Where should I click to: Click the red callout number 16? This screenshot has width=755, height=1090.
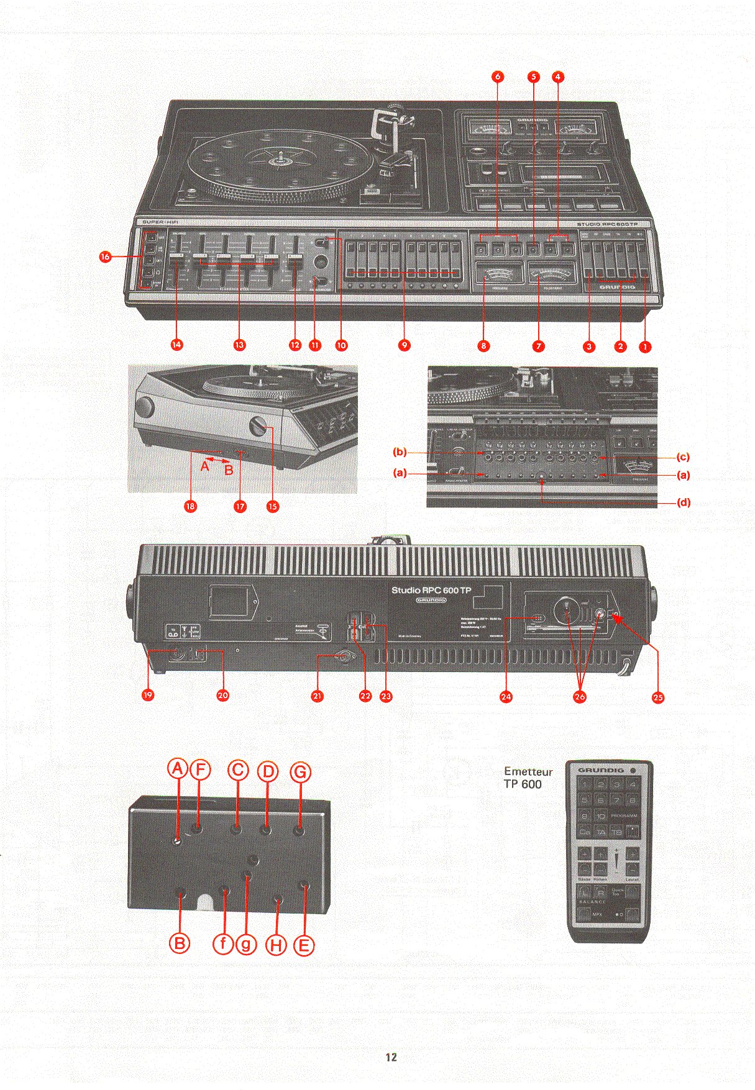[x=105, y=257]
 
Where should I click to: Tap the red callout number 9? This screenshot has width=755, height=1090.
[x=404, y=345]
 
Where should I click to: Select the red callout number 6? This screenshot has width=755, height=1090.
[x=497, y=77]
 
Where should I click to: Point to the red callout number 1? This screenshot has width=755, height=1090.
[x=645, y=347]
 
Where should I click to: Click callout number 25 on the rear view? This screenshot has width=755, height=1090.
[x=658, y=697]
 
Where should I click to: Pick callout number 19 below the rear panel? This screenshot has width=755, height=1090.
[x=148, y=695]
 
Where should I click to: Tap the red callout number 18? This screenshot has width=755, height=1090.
[x=190, y=506]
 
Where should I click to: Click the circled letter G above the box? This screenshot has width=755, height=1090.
[x=300, y=772]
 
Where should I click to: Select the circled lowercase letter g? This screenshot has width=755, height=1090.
[x=246, y=945]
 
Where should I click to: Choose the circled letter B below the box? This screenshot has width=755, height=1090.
[x=180, y=943]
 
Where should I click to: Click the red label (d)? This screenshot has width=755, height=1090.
[x=684, y=502]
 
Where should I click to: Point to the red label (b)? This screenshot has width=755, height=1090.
[x=400, y=452]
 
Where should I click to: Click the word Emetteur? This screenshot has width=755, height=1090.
[x=528, y=771]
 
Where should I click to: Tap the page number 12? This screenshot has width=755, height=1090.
[x=391, y=1057]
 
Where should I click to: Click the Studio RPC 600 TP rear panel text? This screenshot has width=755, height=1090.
[x=431, y=590]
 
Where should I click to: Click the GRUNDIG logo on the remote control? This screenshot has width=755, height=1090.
[x=601, y=770]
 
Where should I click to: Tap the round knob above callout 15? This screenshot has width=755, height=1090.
[x=258, y=426]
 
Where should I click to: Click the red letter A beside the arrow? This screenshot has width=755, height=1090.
[x=204, y=465]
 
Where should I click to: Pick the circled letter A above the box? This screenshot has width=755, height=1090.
[x=178, y=770]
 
